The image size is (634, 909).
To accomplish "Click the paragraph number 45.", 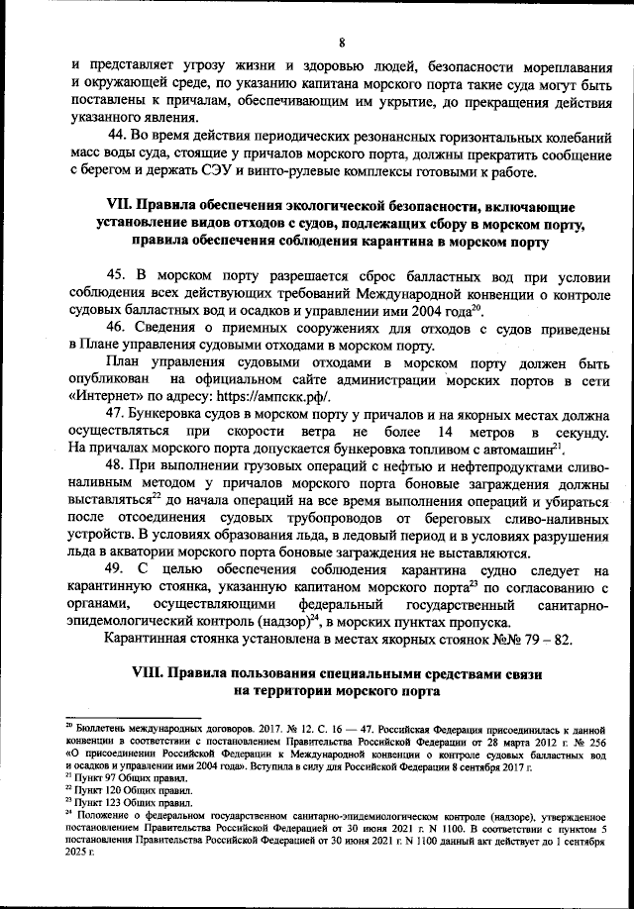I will [x=117, y=274].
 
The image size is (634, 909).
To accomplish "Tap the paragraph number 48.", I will [x=117, y=471].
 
